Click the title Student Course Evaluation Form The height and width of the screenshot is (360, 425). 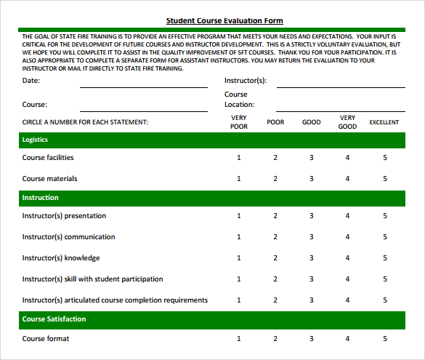[224, 21]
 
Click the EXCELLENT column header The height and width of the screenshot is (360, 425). [384, 122]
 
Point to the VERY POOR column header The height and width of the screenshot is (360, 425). [239, 122]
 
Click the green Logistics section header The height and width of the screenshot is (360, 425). [212, 139]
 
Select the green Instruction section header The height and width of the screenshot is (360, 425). [212, 197]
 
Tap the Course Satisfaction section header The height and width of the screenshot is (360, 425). [212, 319]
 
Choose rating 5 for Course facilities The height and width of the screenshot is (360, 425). [385, 158]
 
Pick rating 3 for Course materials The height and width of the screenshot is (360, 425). [312, 179]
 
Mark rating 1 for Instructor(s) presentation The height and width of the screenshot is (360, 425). [239, 216]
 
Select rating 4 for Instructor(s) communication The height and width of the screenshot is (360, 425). [347, 237]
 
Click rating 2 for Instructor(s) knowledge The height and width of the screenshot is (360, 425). [275, 258]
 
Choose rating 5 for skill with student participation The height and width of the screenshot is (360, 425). [385, 279]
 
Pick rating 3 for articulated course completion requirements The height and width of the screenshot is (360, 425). [312, 300]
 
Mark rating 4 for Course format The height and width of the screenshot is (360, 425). [347, 338]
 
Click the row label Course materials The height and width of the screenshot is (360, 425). [49, 179]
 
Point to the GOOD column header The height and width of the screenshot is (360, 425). [312, 122]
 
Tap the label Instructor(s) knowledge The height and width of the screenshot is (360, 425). [61, 258]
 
